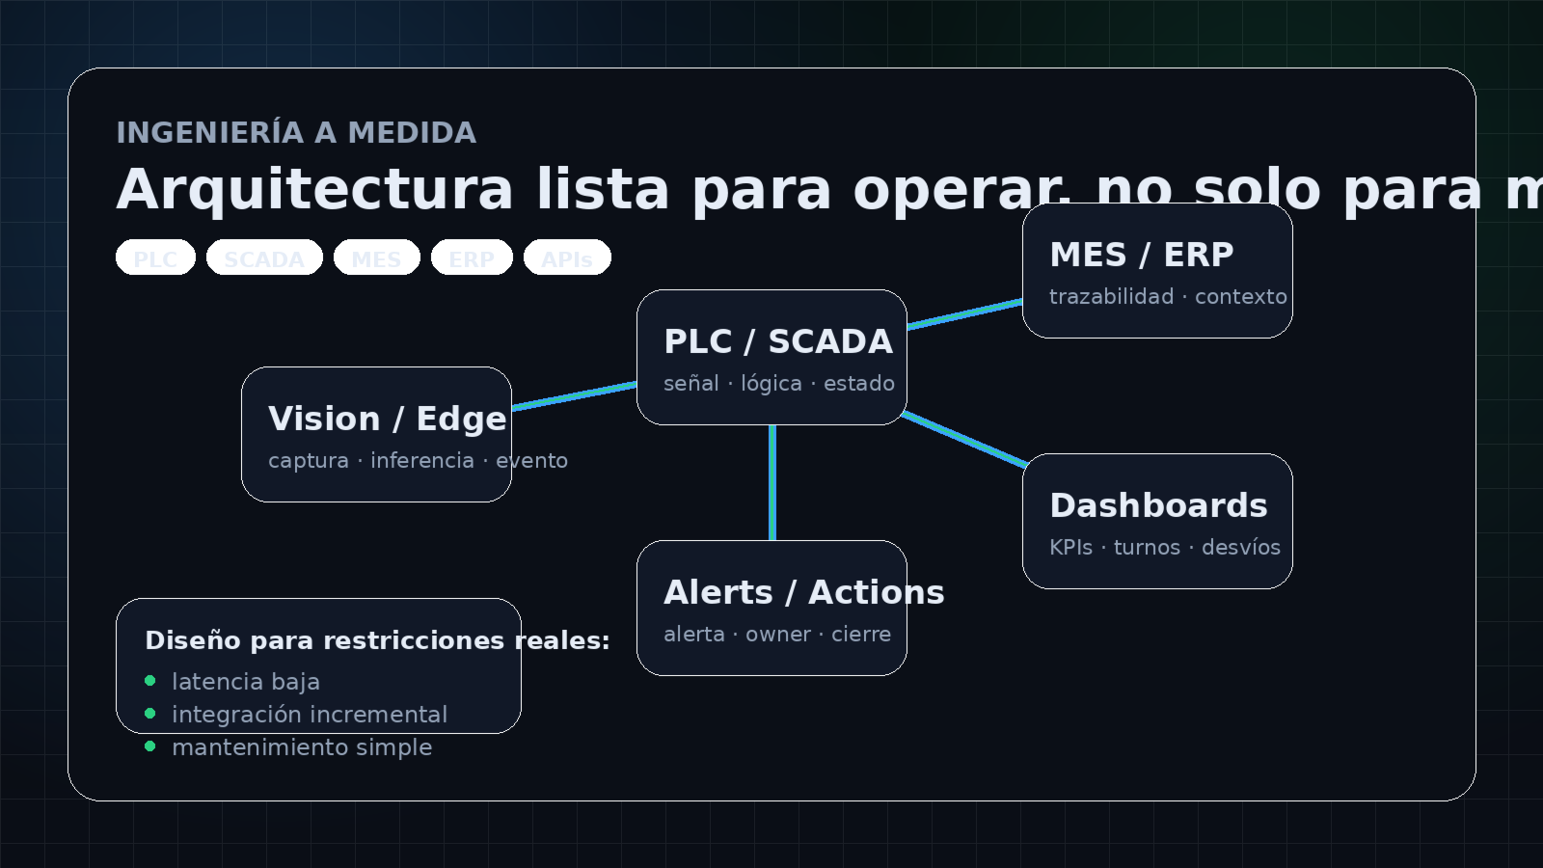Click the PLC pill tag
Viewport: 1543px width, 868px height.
155,258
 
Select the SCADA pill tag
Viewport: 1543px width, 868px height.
264,258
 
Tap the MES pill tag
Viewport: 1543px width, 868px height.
376,258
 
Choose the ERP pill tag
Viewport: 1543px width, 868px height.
472,258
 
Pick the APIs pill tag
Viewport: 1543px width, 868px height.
567,258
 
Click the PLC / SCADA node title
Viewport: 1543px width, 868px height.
778,341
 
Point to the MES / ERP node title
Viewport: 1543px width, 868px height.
1142,255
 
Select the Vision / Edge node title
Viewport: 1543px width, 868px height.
387,419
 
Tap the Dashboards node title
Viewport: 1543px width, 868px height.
1158,505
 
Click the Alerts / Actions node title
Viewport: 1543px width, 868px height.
803,592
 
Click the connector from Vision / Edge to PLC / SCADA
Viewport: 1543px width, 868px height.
574,396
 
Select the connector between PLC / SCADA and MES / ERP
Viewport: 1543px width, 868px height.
964,314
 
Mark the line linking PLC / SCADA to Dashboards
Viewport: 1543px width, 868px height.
964,441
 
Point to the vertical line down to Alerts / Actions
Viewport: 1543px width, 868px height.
772,482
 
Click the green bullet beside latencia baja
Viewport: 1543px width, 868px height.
149,681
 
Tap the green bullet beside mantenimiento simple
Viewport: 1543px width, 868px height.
149,746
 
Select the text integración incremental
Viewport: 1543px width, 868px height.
309,715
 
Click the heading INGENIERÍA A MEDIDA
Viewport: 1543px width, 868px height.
296,133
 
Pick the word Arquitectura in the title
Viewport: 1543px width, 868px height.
314,189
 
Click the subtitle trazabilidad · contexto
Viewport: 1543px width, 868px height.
1168,297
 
